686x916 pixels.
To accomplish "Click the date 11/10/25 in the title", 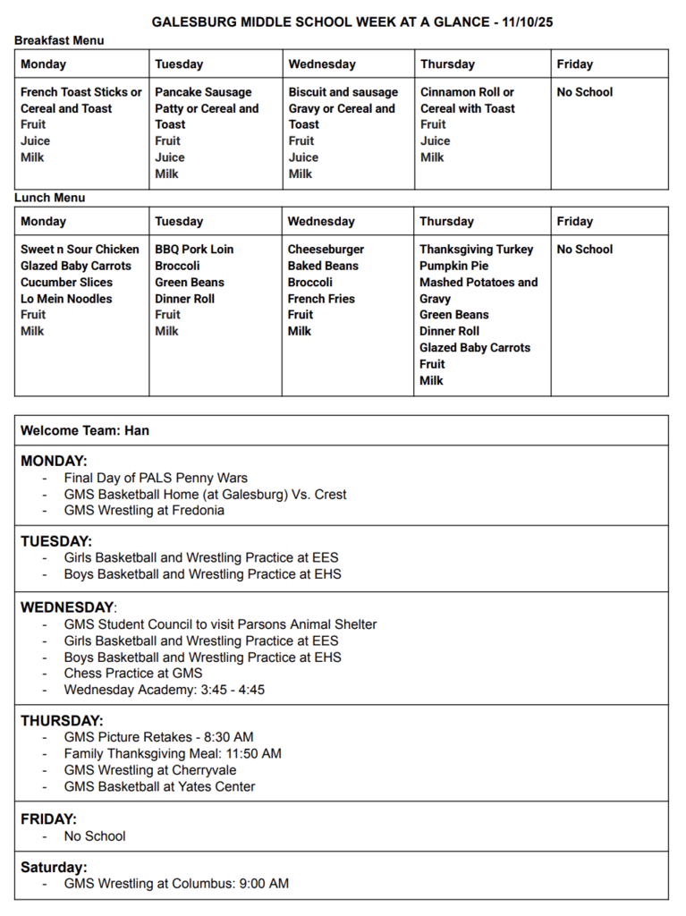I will point(522,21).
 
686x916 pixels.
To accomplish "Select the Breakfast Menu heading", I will point(59,40).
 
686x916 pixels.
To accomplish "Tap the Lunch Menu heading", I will point(50,198).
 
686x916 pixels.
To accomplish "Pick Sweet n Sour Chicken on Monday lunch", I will point(80,250).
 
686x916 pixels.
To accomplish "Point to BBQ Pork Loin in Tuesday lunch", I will point(194,250).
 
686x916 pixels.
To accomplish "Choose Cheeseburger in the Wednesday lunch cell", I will point(326,250).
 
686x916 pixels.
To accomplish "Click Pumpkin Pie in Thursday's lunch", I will point(454,266).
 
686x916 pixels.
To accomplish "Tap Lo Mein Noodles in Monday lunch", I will point(66,299).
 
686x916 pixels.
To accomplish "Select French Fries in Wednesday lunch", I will point(321,299).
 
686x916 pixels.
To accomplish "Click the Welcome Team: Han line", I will point(85,430).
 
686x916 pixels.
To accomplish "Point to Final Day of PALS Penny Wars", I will point(156,478).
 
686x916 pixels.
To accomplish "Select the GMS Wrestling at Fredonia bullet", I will point(144,511).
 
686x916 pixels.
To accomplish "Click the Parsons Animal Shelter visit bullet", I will point(220,624).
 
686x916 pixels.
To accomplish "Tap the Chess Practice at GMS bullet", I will point(133,674).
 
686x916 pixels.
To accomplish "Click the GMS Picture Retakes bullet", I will point(158,737).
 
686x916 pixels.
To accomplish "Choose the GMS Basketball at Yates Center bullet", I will point(159,787).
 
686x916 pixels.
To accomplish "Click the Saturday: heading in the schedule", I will point(54,868).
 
